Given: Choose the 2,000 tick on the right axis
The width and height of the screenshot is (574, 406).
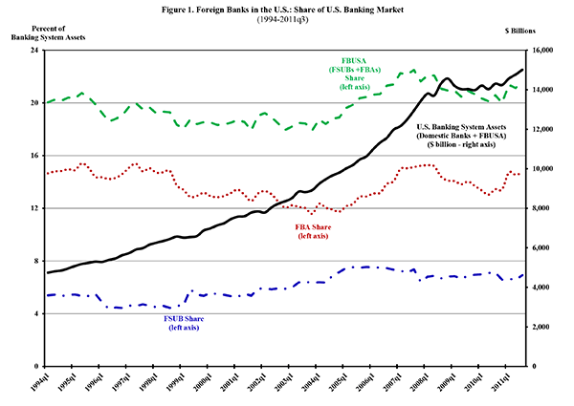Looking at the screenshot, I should (540, 327).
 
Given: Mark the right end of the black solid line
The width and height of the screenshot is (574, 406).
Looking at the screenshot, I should (523, 69).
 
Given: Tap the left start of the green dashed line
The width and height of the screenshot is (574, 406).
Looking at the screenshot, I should (48, 101).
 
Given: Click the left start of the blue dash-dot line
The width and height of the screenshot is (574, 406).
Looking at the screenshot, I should (48, 295).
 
